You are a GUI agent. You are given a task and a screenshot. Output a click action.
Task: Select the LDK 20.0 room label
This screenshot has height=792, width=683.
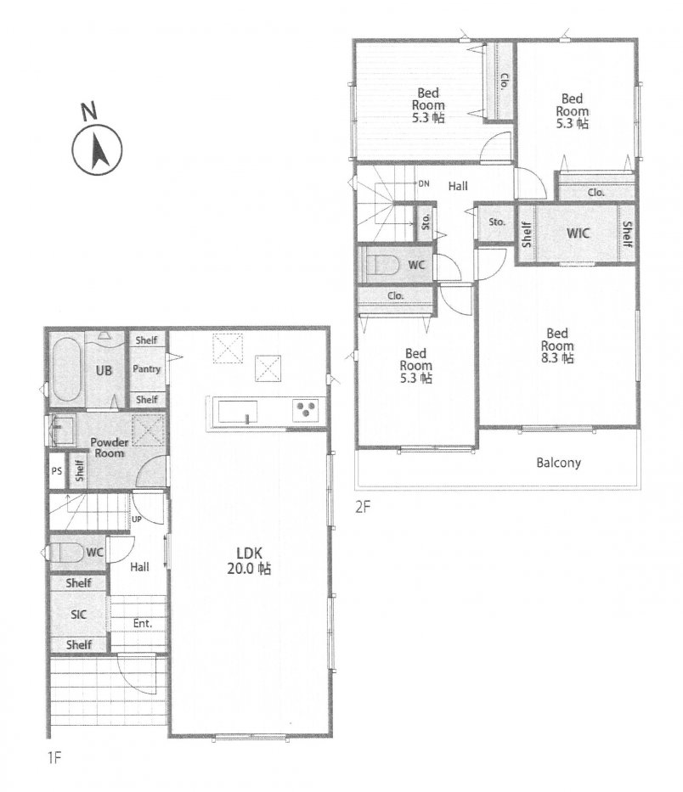pyautogui.click(x=249, y=560)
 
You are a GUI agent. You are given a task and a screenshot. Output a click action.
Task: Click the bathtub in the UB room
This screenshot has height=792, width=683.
pyautogui.click(x=66, y=371)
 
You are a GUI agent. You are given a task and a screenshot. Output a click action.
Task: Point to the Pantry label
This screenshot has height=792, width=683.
pyautogui.click(x=146, y=369)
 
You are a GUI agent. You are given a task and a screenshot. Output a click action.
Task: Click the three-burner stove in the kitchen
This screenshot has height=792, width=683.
pyautogui.click(x=305, y=410)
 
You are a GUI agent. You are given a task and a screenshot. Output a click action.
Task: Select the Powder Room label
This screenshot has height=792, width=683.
pyautogui.click(x=110, y=447)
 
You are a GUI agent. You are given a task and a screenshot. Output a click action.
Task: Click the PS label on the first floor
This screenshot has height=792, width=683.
pyautogui.click(x=57, y=471)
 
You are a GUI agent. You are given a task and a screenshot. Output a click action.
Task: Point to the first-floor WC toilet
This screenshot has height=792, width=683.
pyautogui.click(x=66, y=553)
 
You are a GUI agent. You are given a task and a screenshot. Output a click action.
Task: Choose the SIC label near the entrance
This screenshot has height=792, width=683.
pyautogui.click(x=78, y=615)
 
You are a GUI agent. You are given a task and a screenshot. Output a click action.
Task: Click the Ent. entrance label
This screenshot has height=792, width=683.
pyautogui.click(x=143, y=624)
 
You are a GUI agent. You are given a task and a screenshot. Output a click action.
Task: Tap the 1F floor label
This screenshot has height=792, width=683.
pyautogui.click(x=54, y=758)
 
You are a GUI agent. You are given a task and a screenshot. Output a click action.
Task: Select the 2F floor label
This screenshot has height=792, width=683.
pyautogui.click(x=363, y=507)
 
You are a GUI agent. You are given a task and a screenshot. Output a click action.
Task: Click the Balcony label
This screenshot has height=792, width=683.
pyautogui.click(x=559, y=463)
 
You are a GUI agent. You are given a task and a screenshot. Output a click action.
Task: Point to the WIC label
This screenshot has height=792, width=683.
pyautogui.click(x=578, y=233)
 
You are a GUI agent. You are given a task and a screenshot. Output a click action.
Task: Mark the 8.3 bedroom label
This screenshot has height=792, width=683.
pyautogui.click(x=557, y=346)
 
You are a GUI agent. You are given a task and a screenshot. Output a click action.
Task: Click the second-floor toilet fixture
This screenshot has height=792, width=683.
pyautogui.click(x=378, y=265)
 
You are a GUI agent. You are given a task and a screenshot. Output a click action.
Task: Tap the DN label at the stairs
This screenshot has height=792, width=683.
pyautogui.click(x=424, y=183)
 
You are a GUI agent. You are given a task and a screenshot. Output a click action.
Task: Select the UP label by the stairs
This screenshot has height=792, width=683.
pyautogui.click(x=137, y=520)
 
